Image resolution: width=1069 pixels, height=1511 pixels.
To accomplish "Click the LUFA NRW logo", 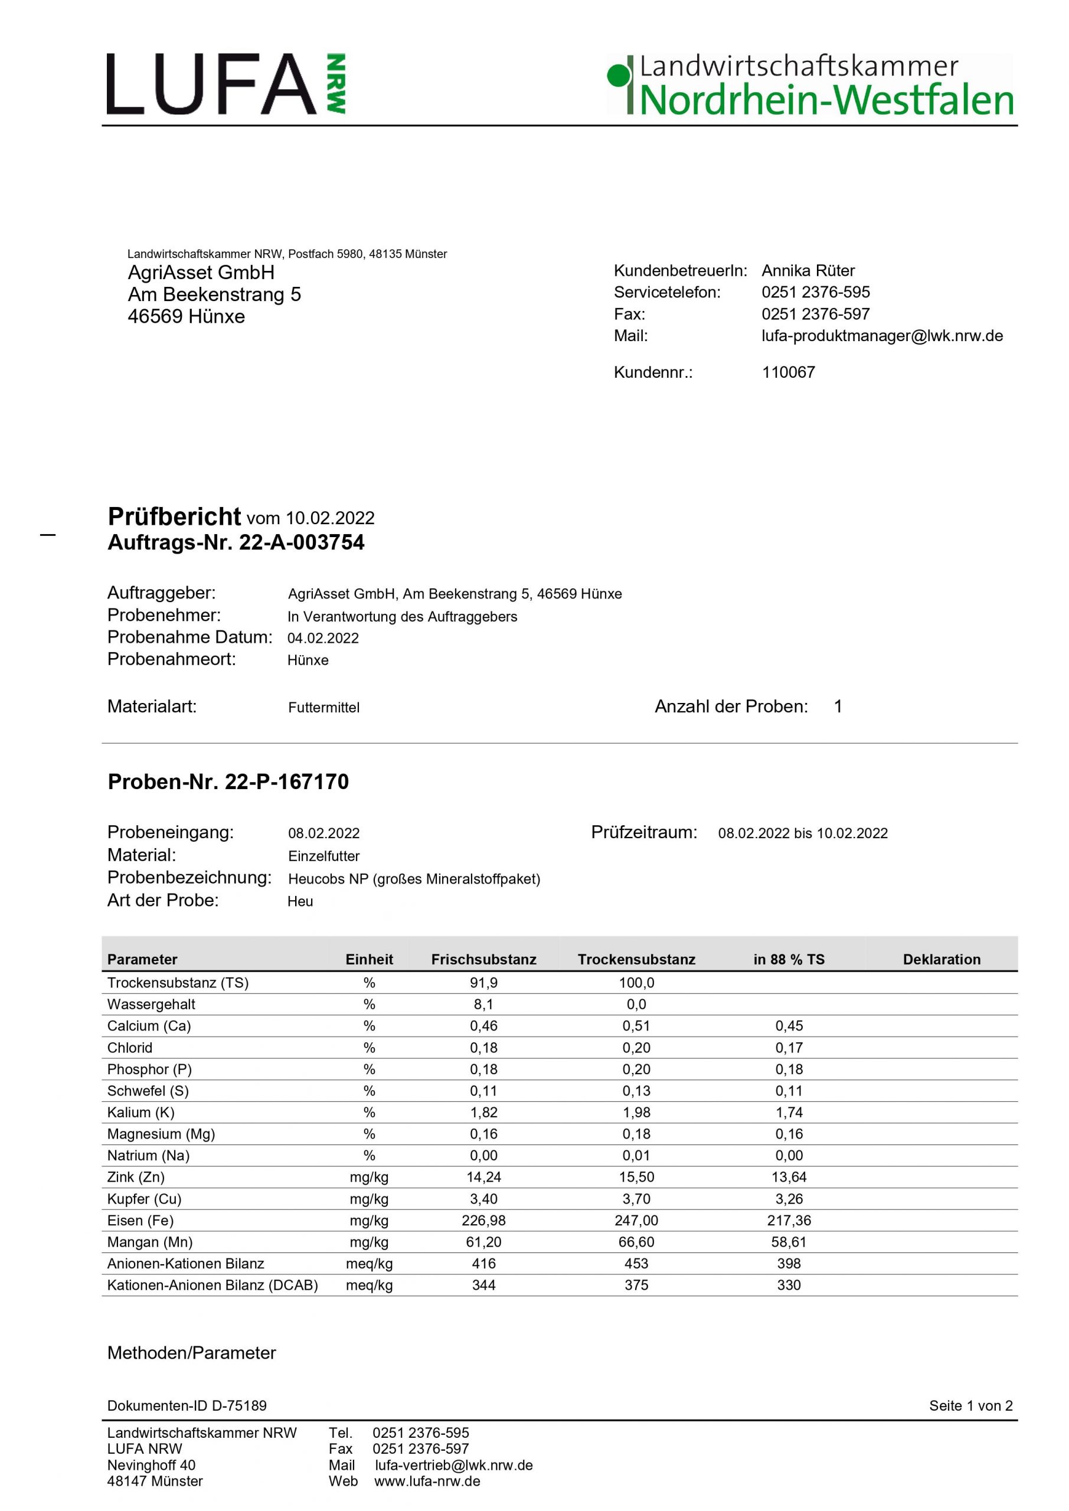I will [225, 84].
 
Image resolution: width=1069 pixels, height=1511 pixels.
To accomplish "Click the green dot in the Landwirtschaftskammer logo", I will [617, 76].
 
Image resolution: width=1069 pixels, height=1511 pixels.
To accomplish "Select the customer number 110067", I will [788, 372].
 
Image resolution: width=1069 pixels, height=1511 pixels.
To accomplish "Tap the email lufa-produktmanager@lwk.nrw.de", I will [882, 336].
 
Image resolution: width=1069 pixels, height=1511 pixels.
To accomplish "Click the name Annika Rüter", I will [808, 270].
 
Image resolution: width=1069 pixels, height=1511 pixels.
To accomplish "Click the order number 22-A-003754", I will [302, 543].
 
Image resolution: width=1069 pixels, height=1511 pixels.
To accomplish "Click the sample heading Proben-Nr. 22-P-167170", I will [228, 782].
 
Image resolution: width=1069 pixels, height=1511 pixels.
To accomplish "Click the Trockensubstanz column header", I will [636, 960].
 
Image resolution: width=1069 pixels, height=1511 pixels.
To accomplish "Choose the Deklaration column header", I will [941, 960].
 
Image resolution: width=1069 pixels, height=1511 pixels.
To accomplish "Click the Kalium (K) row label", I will [141, 1113].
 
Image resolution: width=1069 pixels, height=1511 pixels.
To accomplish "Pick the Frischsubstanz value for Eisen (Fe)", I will [483, 1221].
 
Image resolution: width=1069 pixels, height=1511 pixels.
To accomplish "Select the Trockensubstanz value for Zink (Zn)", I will [636, 1178].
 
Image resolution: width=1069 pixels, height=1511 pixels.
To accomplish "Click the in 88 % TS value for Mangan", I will [789, 1242].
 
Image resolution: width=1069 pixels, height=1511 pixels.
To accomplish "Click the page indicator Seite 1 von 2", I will [970, 1406].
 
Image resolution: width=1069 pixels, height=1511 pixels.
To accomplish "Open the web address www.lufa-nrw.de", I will [427, 1481].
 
